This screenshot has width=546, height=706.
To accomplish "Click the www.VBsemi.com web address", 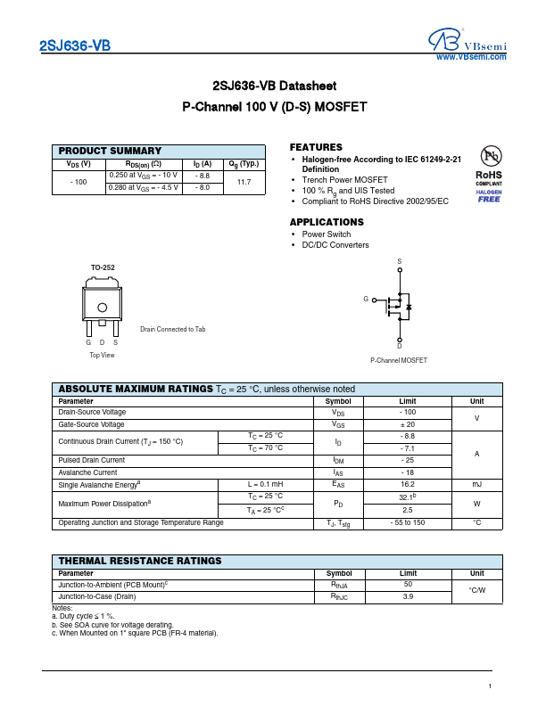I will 470,57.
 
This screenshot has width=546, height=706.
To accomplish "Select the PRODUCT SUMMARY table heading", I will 110,152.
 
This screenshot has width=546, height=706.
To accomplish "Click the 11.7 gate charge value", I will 244,182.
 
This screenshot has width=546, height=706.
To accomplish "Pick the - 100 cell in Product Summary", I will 79,182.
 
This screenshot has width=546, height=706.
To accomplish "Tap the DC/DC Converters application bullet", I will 335,245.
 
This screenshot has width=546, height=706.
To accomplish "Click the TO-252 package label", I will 103,267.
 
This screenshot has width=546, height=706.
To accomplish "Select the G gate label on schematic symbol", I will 366,300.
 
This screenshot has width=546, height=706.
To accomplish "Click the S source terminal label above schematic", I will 400,261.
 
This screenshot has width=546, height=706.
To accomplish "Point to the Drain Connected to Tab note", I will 172,330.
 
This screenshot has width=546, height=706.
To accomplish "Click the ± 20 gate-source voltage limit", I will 408,424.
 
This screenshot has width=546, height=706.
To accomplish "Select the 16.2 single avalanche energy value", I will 408,484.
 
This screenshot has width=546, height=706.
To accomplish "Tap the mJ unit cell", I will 477,484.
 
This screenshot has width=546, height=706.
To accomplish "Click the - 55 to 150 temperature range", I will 408,522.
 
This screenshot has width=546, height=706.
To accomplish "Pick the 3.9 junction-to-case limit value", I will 408,596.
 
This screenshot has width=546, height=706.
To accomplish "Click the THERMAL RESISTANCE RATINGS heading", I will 140,561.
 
